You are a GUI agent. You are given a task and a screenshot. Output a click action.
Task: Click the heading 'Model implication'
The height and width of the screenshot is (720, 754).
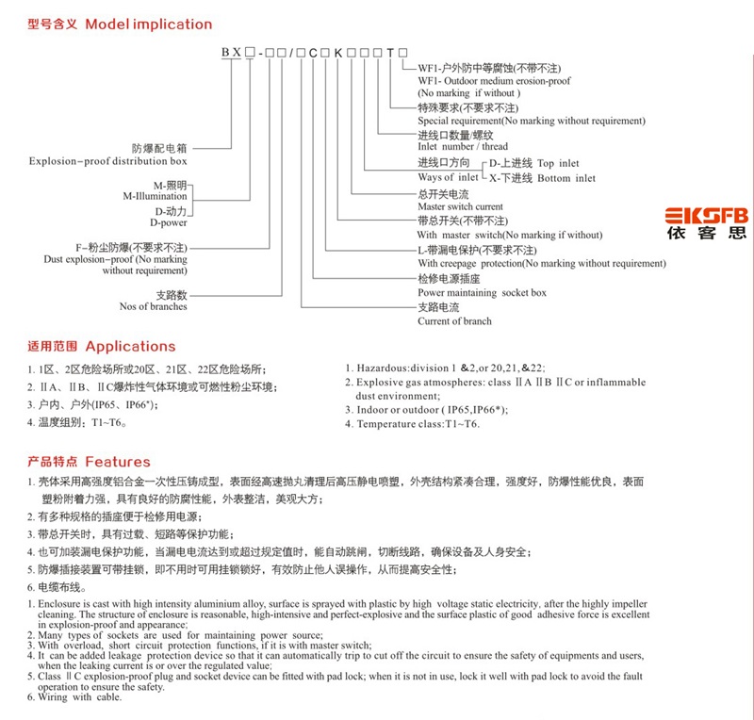click(149, 25)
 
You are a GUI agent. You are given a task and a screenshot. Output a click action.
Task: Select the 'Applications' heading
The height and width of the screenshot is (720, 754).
click(130, 347)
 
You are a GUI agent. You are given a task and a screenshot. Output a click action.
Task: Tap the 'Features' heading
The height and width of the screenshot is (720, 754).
click(118, 462)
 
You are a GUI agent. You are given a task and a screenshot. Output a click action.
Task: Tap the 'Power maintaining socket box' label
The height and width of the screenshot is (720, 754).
click(482, 292)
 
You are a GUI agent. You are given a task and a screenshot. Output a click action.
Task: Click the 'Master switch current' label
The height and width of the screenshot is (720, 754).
click(460, 206)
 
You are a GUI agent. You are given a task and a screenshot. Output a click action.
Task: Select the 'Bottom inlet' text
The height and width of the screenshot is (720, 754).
click(566, 178)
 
